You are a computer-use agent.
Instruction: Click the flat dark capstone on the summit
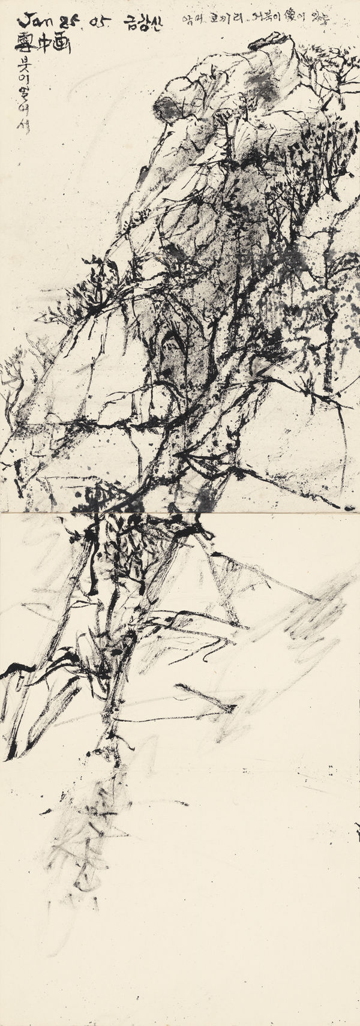pos(268,42)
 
